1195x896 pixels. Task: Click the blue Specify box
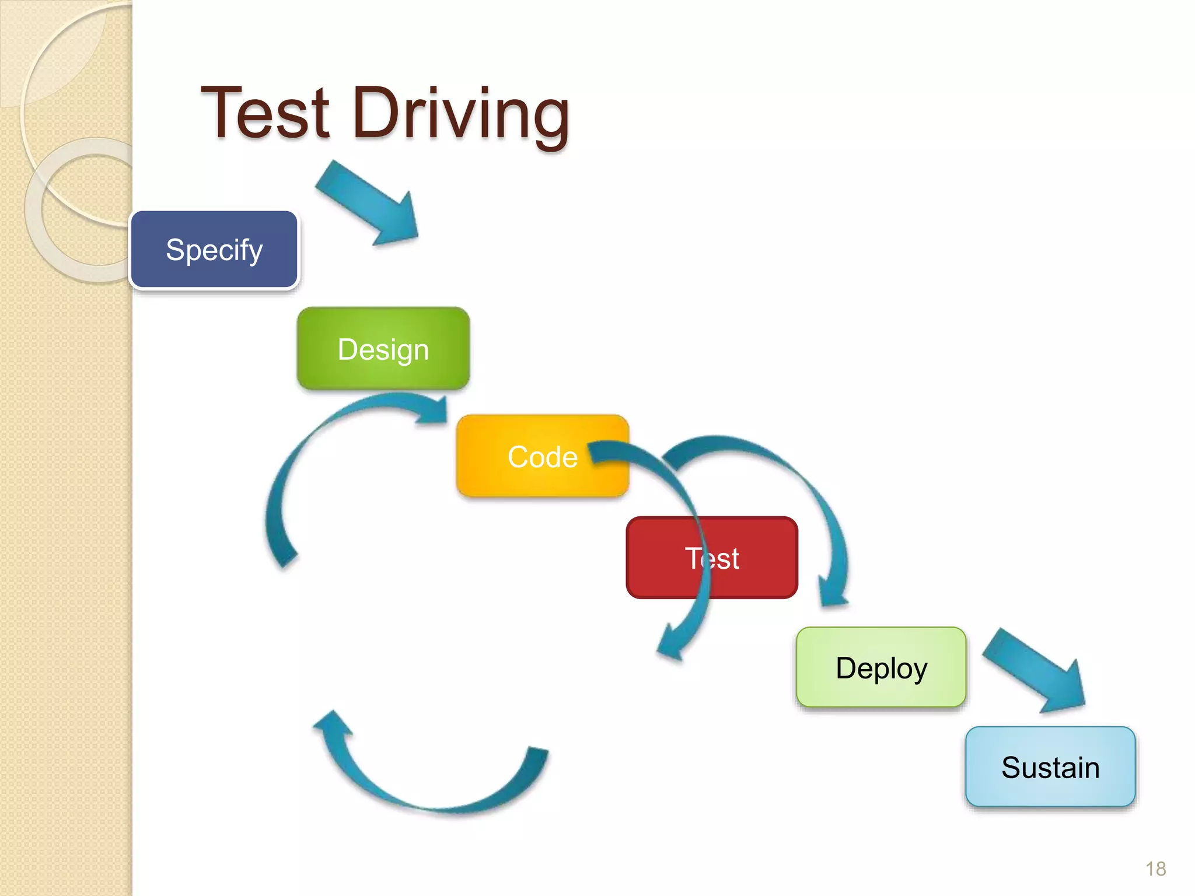click(214, 250)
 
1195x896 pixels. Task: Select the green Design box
click(383, 349)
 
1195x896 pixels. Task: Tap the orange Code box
click(542, 456)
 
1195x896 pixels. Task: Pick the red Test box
click(711, 558)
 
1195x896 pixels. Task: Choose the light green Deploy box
click(881, 667)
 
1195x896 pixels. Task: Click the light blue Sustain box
click(1050, 766)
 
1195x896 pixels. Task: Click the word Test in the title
click(265, 114)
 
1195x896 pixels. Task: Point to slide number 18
click(1155, 869)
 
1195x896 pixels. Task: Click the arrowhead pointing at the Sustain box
click(1065, 691)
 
